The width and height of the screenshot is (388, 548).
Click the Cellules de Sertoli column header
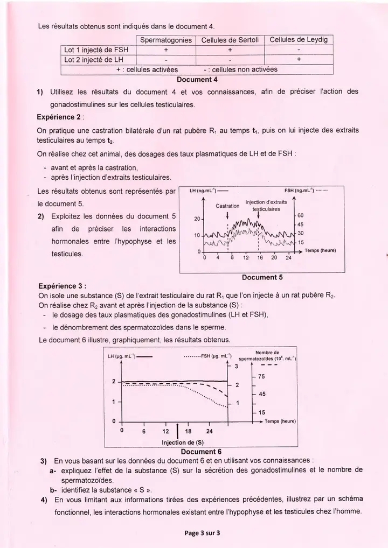point(230,40)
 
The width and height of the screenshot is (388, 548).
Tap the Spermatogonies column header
point(165,40)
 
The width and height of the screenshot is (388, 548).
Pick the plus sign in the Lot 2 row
point(298,59)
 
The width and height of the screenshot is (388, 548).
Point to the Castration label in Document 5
point(227,206)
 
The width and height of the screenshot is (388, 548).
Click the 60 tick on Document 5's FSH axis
point(301,215)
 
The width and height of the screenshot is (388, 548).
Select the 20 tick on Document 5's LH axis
point(197,219)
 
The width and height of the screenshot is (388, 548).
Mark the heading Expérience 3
point(63,286)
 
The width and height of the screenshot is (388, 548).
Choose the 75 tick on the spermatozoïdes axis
point(261,377)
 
